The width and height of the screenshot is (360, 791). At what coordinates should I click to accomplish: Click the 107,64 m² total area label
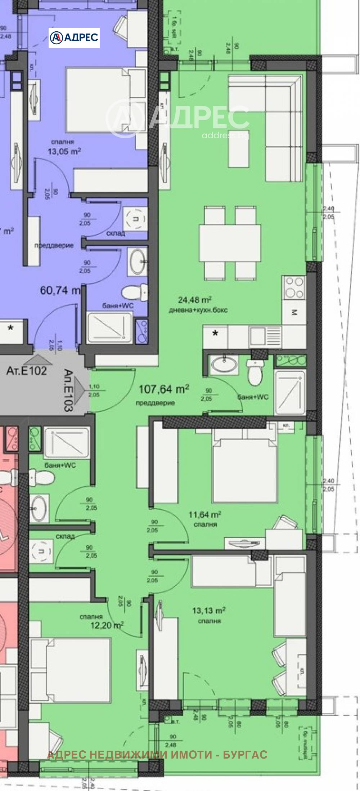click(x=164, y=389)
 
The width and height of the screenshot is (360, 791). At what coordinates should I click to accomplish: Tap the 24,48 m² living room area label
click(x=194, y=300)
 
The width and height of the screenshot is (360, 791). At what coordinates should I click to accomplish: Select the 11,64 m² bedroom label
click(x=205, y=514)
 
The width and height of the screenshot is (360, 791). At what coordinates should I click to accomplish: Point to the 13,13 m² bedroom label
click(x=209, y=610)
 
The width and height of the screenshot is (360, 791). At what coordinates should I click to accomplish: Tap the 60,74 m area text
click(x=60, y=290)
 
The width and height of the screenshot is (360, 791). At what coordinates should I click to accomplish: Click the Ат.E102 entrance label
click(x=27, y=371)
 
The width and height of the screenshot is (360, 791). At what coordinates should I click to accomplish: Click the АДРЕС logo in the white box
click(x=74, y=37)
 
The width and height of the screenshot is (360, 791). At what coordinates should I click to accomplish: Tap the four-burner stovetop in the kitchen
click(x=294, y=287)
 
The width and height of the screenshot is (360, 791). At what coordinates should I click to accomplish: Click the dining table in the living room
click(x=230, y=243)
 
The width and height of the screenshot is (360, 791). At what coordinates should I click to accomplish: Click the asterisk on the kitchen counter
click(x=215, y=333)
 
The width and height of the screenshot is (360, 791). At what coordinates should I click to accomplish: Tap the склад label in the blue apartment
click(x=116, y=233)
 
